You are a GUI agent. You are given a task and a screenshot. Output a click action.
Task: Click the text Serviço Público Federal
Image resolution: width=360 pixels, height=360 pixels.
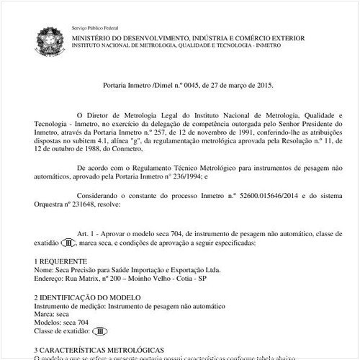[95, 27]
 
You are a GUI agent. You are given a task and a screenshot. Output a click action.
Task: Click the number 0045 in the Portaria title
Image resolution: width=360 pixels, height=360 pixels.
[191, 84]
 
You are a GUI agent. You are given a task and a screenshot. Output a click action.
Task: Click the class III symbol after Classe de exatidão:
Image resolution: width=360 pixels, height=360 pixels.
[102, 331]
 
